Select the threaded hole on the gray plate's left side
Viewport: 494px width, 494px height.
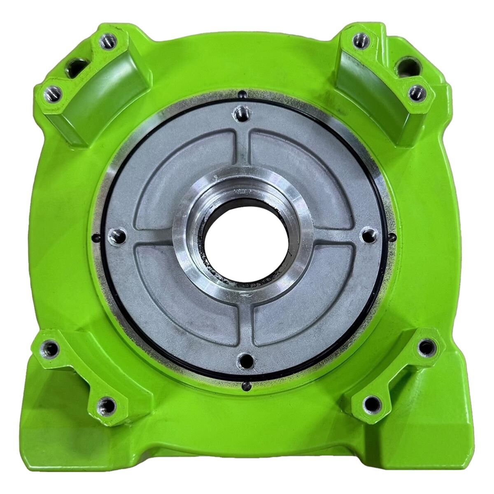point(115,236)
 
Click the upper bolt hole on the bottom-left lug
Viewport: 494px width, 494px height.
point(51,348)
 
